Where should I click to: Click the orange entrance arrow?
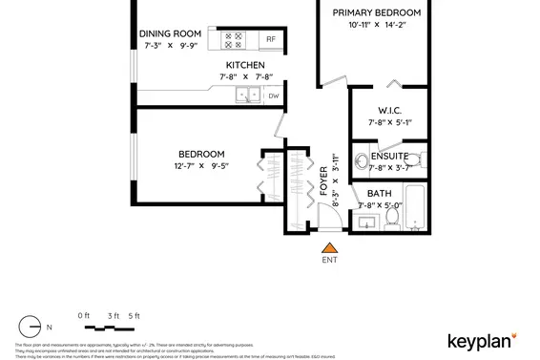tap(329, 248)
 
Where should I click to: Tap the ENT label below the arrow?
tap(329, 260)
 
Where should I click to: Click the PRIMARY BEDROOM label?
tap(375, 12)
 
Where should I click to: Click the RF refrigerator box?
tap(270, 41)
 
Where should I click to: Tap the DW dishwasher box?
tap(273, 95)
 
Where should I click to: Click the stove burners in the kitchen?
tap(234, 41)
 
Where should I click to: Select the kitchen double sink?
tap(248, 95)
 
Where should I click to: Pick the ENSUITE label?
tap(389, 156)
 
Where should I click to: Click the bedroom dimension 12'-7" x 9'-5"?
tap(201, 166)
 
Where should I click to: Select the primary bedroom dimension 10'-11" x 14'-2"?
tap(375, 26)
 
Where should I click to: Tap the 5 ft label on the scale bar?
tap(134, 315)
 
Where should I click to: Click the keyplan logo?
tap(482, 341)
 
